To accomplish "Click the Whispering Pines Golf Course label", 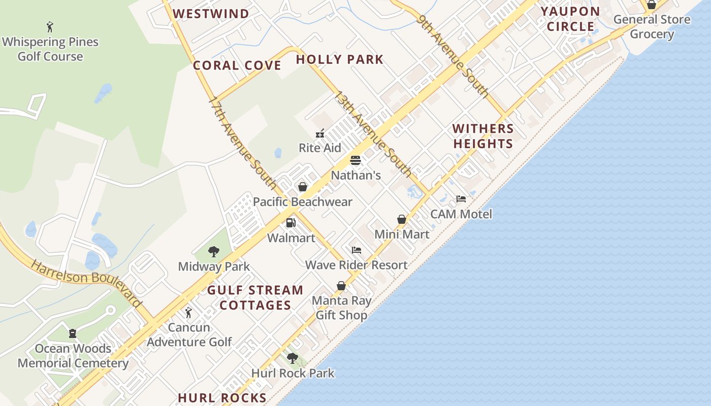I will tap(50, 49).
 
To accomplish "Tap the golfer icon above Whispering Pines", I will tap(50, 27).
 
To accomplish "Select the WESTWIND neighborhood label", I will tap(211, 14).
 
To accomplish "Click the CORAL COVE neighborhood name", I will tap(237, 65).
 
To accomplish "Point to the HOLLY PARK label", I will tap(339, 59).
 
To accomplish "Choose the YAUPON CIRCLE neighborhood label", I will tap(570, 19).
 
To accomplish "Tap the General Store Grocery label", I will tap(652, 27).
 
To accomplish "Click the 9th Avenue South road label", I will tap(453, 56).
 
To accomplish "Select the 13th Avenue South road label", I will tap(372, 133).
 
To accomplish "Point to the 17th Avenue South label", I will tap(242, 143).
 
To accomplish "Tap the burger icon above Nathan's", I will tap(355, 161).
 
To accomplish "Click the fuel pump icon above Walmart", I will tap(291, 223).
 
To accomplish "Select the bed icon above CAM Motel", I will tap(461, 199).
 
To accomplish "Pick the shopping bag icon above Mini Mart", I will tap(402, 219).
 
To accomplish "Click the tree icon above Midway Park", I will tap(214, 251).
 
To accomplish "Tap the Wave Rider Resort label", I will tap(356, 265).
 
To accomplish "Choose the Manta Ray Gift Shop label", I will tap(341, 308).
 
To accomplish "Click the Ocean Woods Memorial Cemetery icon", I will tap(73, 333).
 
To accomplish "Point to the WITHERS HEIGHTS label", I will tap(483, 136).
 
